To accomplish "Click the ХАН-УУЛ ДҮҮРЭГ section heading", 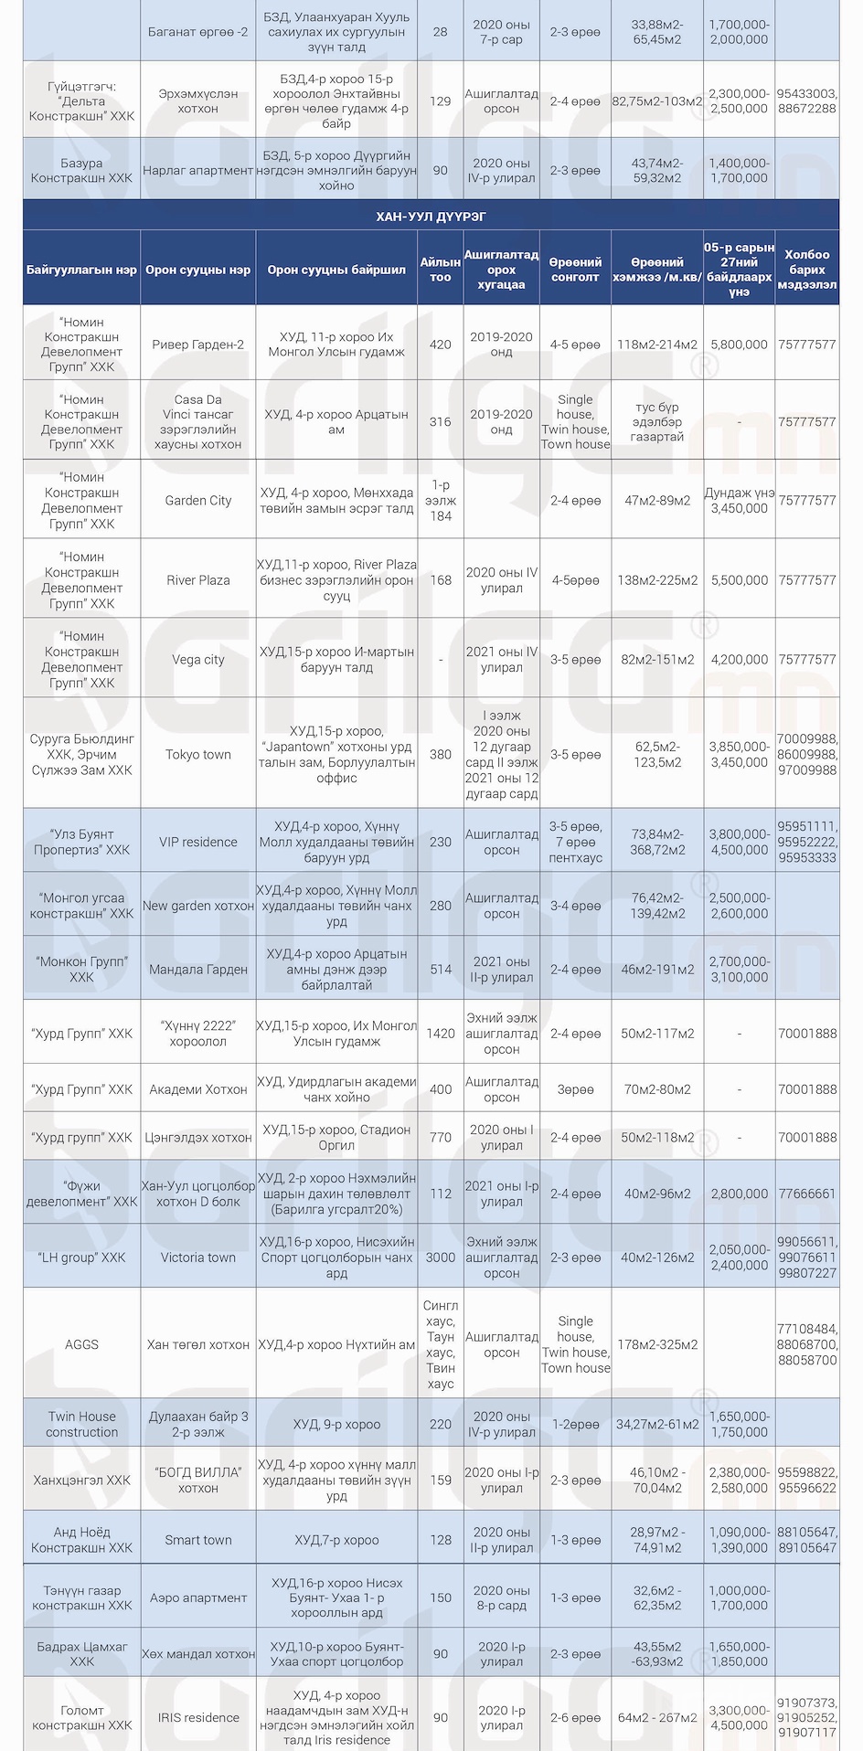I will click(431, 216).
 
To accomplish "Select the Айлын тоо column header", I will click(440, 270).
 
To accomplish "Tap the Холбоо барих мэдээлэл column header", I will click(806, 270).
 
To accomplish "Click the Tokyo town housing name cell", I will click(198, 755).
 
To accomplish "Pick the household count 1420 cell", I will click(440, 1034).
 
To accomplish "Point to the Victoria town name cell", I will click(198, 1258).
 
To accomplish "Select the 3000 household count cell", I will click(440, 1258).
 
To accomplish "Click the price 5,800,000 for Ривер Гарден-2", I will click(739, 345).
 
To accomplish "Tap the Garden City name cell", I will click(198, 501).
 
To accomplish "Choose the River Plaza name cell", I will click(198, 580).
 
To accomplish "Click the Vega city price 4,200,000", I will click(739, 660).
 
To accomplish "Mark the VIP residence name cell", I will click(198, 842).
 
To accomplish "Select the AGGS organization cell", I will click(81, 1344).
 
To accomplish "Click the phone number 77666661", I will click(806, 1194).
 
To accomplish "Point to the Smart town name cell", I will click(198, 1540).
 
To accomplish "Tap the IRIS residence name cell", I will click(198, 1718).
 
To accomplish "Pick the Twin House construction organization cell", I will click(81, 1424).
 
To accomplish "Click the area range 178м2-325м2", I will click(657, 1344).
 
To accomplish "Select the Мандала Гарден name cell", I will click(198, 970).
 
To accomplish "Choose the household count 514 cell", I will click(440, 970).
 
